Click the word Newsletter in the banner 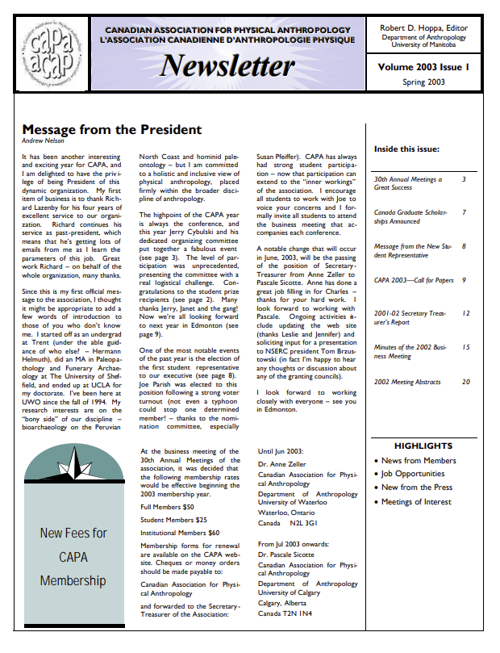227,65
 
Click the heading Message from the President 111,130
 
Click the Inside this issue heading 406,149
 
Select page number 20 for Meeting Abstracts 465,382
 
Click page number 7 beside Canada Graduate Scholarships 464,212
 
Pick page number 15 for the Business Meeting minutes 465,346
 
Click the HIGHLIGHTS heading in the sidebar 423,446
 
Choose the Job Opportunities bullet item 413,474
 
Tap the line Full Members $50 167,506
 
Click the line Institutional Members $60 179,533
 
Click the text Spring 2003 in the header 423,82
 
